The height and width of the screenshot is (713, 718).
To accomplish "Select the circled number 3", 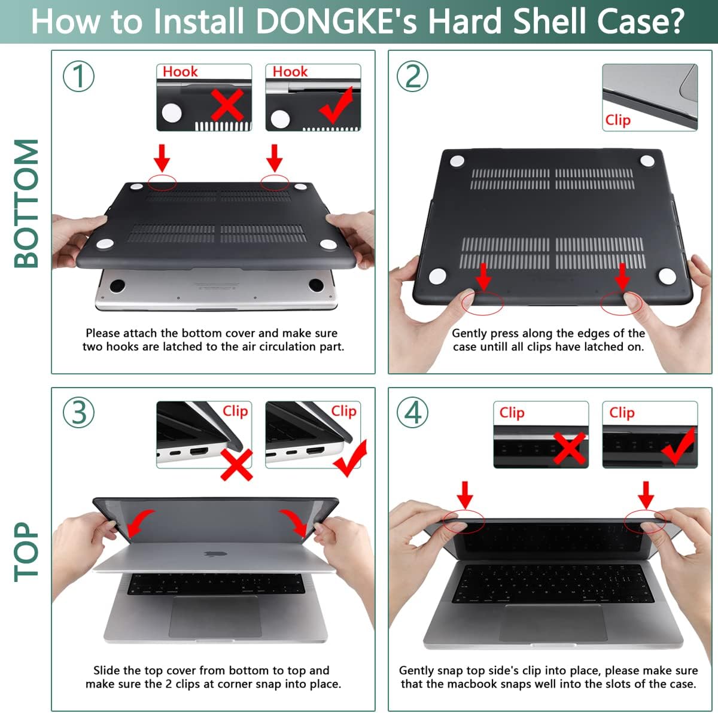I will [79, 412].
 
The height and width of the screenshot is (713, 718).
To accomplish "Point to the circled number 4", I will [413, 412].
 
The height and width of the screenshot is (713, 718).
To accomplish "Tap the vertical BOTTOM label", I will [26, 203].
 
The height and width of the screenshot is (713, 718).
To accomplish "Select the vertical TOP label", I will [26, 551].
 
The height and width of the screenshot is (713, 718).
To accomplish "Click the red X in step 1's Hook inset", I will [227, 105].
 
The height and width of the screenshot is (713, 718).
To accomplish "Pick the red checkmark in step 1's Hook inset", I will [336, 105].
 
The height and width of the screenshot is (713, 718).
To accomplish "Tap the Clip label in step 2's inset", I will [617, 120].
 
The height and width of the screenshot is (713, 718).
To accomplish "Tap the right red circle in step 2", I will [622, 303].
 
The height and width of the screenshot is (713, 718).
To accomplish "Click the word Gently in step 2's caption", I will [470, 333].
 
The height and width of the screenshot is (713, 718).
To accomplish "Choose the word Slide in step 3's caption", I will [107, 671].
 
